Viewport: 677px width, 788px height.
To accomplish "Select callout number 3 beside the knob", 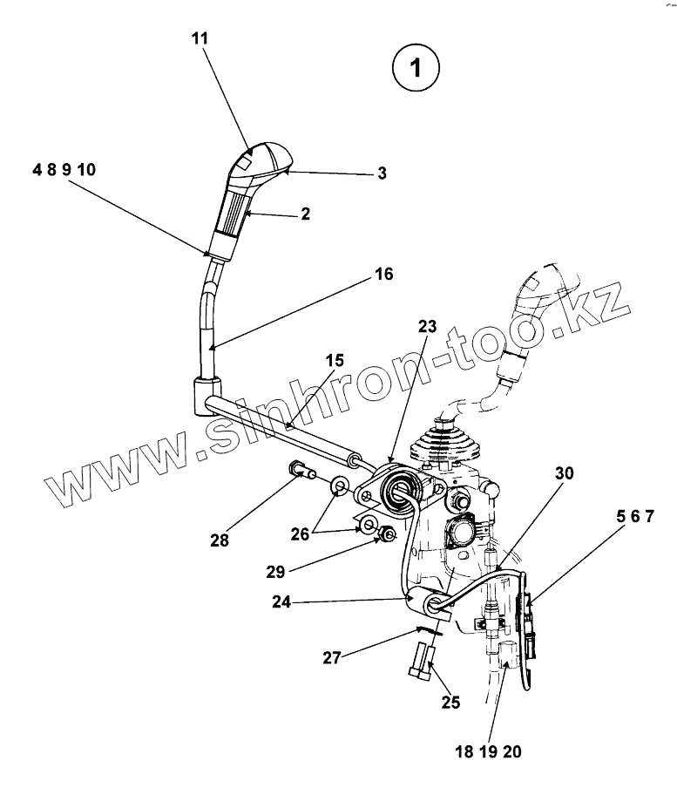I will point(382,173).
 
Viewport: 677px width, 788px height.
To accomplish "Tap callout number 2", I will point(305,212).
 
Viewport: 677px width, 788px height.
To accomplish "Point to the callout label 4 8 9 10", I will point(64,170).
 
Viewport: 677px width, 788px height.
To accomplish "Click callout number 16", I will point(383,275).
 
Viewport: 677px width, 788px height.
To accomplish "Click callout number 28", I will point(219,540).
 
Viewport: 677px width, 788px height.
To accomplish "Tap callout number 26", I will point(300,534).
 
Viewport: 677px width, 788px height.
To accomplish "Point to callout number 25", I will point(450,702).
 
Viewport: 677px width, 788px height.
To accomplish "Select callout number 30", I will point(565,474).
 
